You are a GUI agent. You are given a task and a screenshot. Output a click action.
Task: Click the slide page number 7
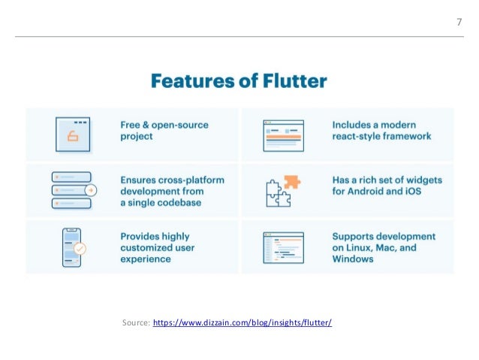click(459, 22)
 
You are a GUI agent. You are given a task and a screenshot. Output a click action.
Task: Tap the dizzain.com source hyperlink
click(242, 323)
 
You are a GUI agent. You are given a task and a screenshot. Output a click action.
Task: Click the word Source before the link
click(134, 323)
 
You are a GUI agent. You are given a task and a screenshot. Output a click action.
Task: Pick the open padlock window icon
click(73, 135)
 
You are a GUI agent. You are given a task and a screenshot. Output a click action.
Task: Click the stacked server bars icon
click(73, 190)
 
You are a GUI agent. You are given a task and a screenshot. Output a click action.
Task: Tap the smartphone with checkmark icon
click(72, 247)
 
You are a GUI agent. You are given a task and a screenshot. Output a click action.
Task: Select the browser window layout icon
click(283, 135)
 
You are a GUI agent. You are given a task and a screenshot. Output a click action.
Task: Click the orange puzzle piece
click(291, 183)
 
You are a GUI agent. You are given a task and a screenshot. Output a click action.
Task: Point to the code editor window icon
click(283, 247)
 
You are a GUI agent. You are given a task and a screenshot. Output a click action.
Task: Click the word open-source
click(182, 124)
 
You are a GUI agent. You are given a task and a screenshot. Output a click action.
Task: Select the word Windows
click(353, 259)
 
